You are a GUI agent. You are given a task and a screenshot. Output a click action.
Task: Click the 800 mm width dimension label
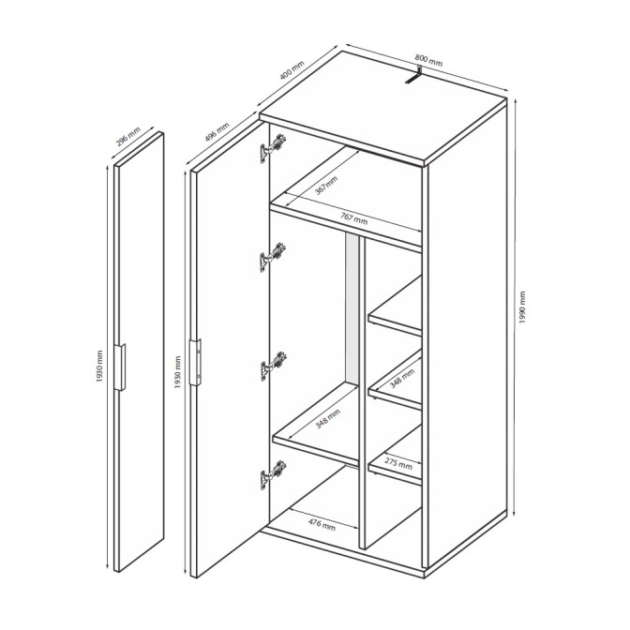[x=428, y=60]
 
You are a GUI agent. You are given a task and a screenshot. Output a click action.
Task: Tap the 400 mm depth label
[x=292, y=70]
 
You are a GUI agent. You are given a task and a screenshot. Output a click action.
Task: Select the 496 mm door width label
[x=217, y=132]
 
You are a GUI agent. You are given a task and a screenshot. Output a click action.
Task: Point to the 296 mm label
[x=128, y=138]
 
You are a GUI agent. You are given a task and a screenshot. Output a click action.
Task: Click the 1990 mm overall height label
[x=522, y=307]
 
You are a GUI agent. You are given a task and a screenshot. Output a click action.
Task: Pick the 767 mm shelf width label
[x=354, y=219]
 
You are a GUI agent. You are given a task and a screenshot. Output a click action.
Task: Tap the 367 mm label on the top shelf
[x=326, y=186]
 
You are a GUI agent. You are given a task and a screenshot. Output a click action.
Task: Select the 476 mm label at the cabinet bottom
[x=322, y=524]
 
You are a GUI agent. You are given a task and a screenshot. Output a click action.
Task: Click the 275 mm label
[x=398, y=463]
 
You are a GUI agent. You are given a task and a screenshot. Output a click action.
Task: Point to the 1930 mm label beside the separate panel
[x=99, y=367]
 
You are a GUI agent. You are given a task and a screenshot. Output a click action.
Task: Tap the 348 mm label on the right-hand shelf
[x=402, y=379]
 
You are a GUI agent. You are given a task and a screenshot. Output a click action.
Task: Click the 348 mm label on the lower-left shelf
[x=327, y=419]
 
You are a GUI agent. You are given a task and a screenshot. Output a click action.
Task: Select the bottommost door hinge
[x=273, y=474]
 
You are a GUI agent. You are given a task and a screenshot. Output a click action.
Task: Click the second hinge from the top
[x=273, y=257]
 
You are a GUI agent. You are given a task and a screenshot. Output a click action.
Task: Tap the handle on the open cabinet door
[x=196, y=363]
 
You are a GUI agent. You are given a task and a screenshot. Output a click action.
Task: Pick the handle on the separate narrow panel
[x=120, y=367]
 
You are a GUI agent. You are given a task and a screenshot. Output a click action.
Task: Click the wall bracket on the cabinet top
[x=413, y=75]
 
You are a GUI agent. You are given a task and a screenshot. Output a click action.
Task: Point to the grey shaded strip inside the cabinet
[x=352, y=308]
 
